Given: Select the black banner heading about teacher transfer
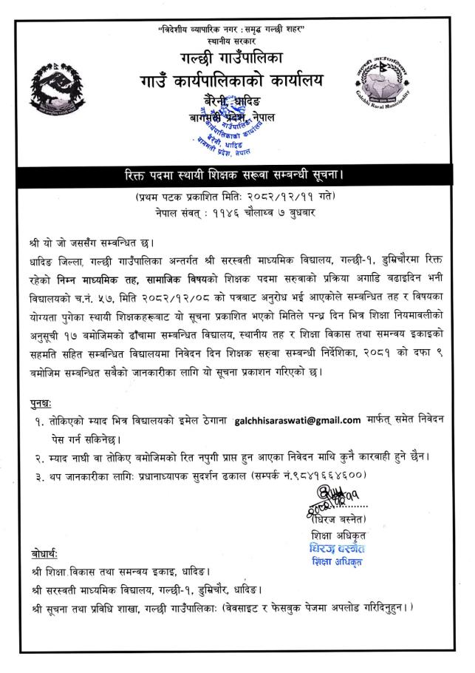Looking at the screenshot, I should click(x=236, y=178).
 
